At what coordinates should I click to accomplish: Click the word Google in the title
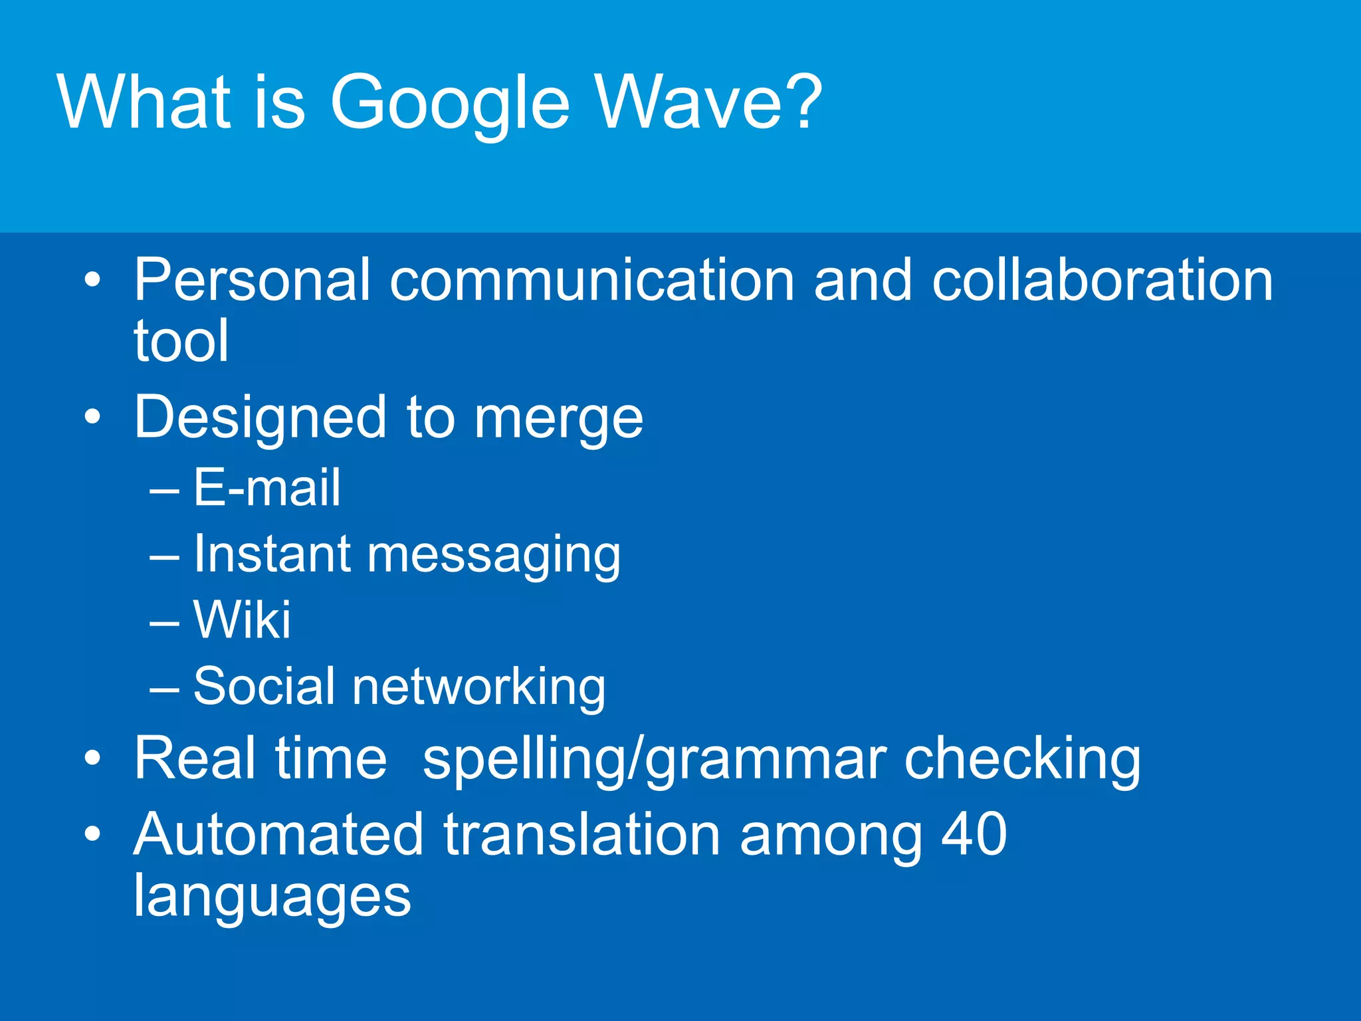coord(449,103)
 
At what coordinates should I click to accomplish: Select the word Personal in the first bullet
coord(252,280)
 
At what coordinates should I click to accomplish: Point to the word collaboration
coord(1102,280)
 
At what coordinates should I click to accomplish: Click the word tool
coord(181,341)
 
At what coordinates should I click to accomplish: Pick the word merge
coord(558,419)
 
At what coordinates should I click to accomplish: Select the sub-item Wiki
coord(242,620)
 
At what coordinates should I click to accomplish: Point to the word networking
coord(478,687)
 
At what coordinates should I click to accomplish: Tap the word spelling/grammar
coord(655,759)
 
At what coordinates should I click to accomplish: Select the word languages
coord(272,897)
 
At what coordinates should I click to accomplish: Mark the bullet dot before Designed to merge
coord(93,417)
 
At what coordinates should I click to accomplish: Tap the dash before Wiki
coord(164,624)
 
